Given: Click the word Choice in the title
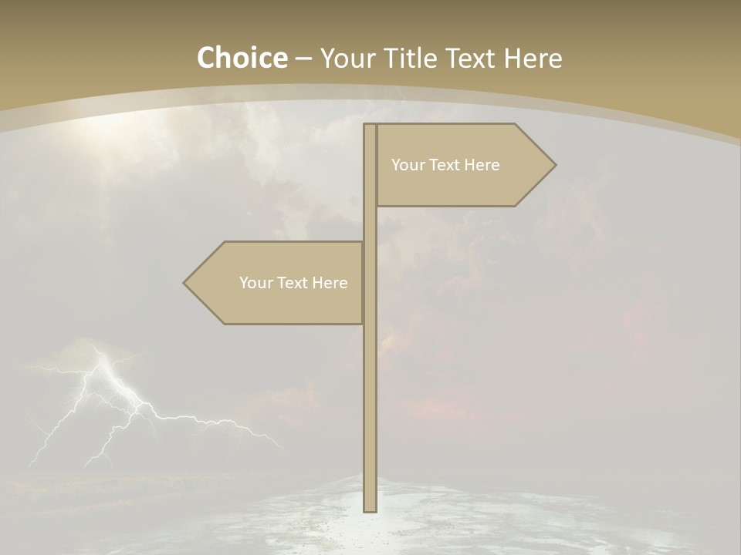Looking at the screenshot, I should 242,58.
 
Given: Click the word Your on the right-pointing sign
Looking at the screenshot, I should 408,165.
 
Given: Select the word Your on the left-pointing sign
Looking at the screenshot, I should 255,283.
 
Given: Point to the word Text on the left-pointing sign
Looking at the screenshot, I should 293,283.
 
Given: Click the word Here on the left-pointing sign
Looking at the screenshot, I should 330,283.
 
